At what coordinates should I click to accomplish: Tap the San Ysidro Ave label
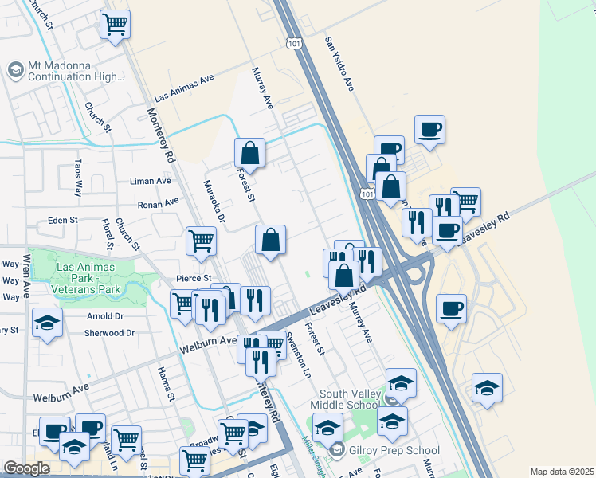coord(339,63)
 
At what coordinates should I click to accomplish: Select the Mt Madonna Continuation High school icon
coord(15,70)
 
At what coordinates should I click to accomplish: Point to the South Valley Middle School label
coord(348,399)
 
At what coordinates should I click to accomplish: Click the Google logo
coord(26,468)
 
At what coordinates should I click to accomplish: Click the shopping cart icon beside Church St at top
coord(116,24)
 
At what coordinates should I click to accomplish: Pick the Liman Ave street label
coord(151,181)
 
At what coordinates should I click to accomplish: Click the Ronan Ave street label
coord(158,204)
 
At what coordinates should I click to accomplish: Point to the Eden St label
coord(63,220)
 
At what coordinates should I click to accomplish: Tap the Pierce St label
coord(194,278)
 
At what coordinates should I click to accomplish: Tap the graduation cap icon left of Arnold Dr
coord(47,323)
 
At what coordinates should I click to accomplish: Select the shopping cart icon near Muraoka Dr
coord(201,238)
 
